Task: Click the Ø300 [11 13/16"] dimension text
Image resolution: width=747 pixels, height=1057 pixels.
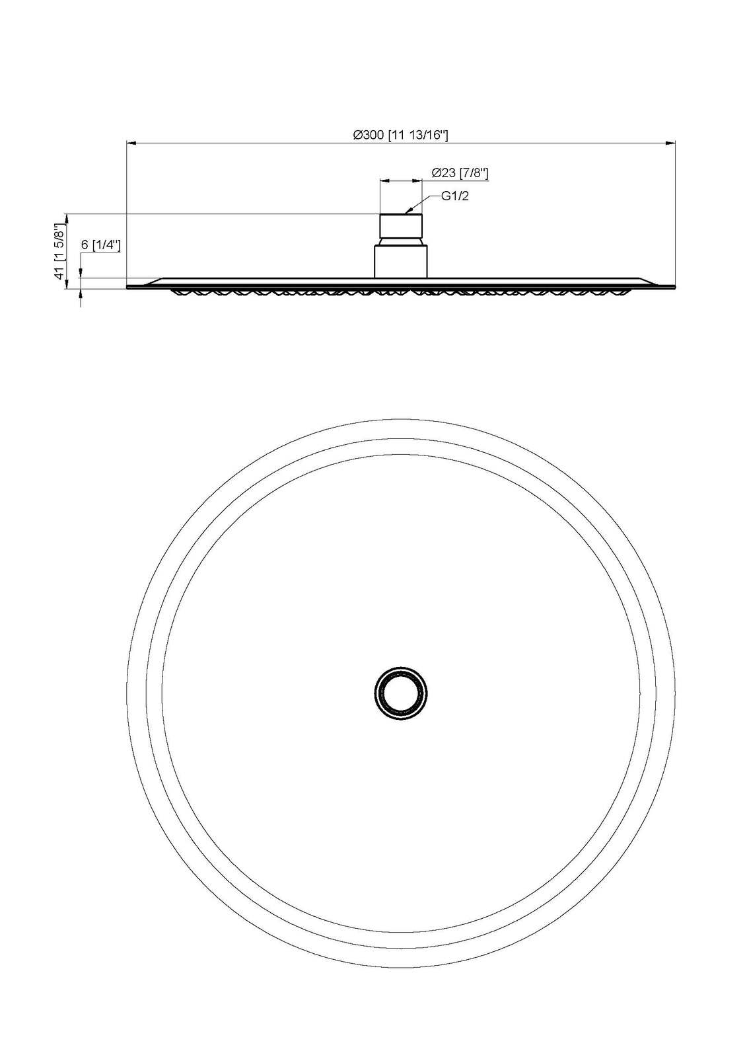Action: [x=400, y=135]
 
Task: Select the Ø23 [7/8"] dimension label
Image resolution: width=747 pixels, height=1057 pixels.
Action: [x=460, y=173]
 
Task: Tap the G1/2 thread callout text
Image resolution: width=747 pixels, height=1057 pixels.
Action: [x=455, y=196]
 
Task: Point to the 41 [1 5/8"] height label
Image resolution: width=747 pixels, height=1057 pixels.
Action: [x=59, y=248]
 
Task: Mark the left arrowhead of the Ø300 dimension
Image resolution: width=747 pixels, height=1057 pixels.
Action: [x=131, y=142]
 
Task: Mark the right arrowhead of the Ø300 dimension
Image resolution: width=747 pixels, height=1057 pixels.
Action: [x=670, y=142]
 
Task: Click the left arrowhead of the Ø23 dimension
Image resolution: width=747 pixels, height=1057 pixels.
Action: [x=385, y=180]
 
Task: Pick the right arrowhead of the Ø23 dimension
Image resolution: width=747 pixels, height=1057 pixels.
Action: [x=417, y=180]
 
